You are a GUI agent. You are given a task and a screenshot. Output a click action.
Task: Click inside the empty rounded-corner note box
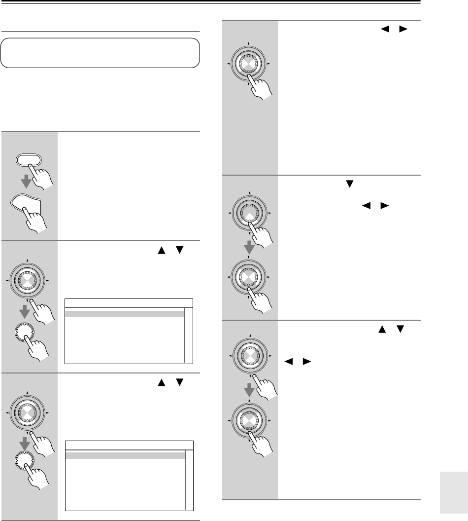coord(100,53)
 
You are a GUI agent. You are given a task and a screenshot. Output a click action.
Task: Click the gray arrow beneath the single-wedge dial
coord(250,248)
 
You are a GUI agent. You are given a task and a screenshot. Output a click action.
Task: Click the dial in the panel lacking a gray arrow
coord(250,64)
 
